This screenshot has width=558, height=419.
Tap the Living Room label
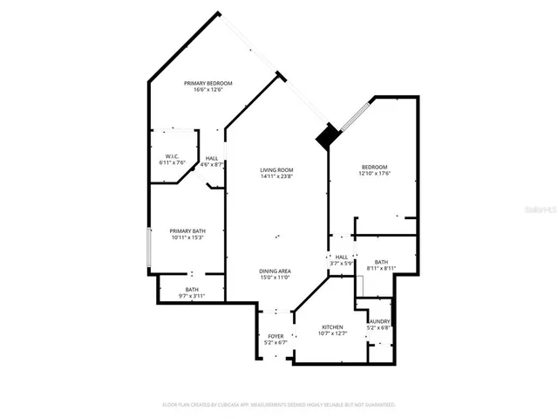276,169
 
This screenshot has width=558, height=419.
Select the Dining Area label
275,271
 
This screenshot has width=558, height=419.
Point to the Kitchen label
332,326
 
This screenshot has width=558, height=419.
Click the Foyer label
276,335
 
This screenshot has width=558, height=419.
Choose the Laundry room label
379,321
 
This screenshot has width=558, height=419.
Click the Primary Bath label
187,231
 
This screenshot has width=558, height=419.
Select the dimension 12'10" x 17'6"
375,173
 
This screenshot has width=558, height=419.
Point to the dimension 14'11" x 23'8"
276,176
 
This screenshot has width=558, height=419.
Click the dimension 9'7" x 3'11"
192,297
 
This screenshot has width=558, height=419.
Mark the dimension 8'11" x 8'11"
381,268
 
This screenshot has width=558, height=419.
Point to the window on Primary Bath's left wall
150,248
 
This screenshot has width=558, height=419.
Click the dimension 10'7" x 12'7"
332,333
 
